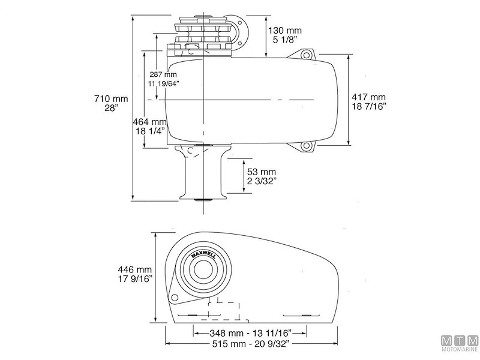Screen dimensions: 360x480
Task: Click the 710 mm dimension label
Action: click(111, 98)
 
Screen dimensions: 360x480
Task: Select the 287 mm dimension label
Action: click(163, 75)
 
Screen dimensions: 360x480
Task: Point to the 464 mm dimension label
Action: click(149, 121)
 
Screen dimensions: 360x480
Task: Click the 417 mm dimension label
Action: click(369, 97)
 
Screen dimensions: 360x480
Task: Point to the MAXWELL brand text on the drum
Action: click(205, 254)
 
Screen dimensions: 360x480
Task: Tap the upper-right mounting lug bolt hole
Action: click(307, 55)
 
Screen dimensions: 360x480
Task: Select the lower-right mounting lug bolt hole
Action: click(307, 145)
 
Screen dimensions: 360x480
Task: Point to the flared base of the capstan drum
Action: click(204, 196)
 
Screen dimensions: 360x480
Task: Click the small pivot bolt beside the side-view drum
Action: click(174, 297)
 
